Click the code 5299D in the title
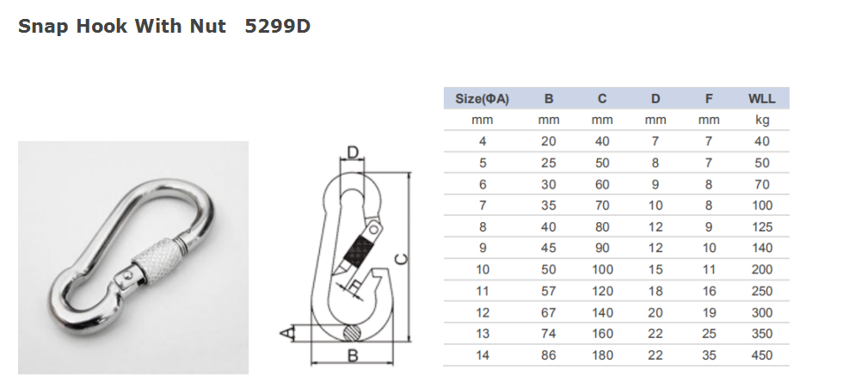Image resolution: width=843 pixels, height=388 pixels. click(x=277, y=27)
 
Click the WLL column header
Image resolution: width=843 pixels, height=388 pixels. click(x=761, y=99)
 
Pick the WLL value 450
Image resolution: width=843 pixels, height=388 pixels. click(x=761, y=355)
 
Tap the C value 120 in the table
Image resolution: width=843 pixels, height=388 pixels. click(x=602, y=291)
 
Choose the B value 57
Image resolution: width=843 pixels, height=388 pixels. click(x=549, y=291)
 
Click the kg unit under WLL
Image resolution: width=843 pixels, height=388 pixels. click(x=761, y=120)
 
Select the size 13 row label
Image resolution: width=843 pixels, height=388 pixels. click(x=483, y=334)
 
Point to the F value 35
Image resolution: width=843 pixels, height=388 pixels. click(x=708, y=355)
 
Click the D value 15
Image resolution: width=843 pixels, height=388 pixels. click(x=655, y=269)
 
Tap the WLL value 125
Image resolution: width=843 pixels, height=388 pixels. click(x=761, y=227)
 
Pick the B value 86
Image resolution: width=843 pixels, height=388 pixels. click(x=549, y=355)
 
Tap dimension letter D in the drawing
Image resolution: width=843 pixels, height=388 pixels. click(x=352, y=153)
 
